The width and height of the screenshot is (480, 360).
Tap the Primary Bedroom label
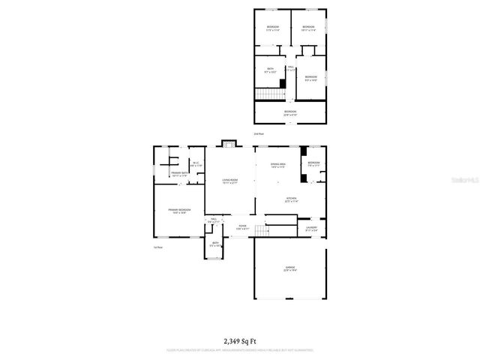[x=179, y=211]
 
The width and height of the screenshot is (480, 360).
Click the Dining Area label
[x=278, y=166]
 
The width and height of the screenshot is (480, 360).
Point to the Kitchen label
[x=292, y=200]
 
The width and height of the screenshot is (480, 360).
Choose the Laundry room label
[x=311, y=228]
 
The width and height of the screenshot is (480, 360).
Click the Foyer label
[x=242, y=226]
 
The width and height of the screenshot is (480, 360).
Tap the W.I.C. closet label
[x=195, y=164]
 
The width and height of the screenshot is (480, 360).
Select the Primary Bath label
[x=179, y=174]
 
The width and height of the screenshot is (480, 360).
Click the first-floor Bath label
[x=214, y=244]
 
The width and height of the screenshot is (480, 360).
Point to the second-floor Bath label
[x=270, y=71]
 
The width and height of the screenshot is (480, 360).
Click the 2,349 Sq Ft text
[x=240, y=340]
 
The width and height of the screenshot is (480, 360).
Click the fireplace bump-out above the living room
[x=229, y=143]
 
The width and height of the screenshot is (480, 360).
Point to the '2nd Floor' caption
[x=258, y=133]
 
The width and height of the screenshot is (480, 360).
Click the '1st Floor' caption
[x=157, y=247]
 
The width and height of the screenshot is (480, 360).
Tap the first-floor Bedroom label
[x=313, y=163]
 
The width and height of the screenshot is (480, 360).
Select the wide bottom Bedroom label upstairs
[x=290, y=113]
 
